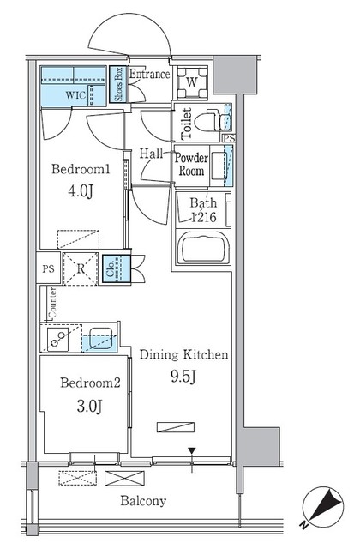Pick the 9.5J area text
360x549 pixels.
tap(183, 375)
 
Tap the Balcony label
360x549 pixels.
tap(142, 501)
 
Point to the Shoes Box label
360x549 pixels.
tap(119, 85)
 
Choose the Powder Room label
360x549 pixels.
tap(190, 164)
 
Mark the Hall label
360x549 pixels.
tap(152, 154)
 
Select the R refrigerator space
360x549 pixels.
tap(79, 267)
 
